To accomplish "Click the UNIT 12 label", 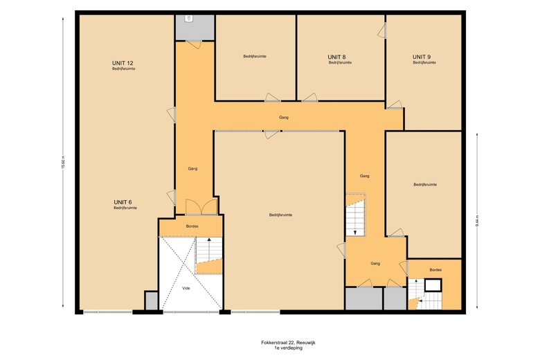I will [124, 63].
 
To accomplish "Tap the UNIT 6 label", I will [124, 201].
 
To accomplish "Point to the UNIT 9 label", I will [422, 56].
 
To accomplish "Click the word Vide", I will [186, 287].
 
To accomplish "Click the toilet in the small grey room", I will [189, 20].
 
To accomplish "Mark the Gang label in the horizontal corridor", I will [284, 117].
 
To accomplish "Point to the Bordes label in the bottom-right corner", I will [435, 269].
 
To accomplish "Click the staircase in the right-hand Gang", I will [355, 216].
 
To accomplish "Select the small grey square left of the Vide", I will [152, 300].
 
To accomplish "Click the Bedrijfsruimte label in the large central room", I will [280, 215].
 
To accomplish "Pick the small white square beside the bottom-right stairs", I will [433, 285].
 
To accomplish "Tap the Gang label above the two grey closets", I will [375, 263].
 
